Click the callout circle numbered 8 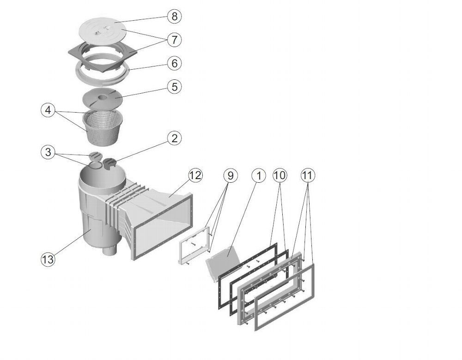tap(174, 17)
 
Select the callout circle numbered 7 tap(174, 40)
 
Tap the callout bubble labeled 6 tap(174, 63)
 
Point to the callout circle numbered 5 tap(174, 86)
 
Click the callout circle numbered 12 tap(195, 175)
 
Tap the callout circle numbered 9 tap(231, 175)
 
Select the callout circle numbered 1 tap(259, 175)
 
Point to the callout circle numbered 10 tap(280, 175)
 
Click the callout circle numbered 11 tap(307, 175)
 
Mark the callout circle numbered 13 tap(48, 259)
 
